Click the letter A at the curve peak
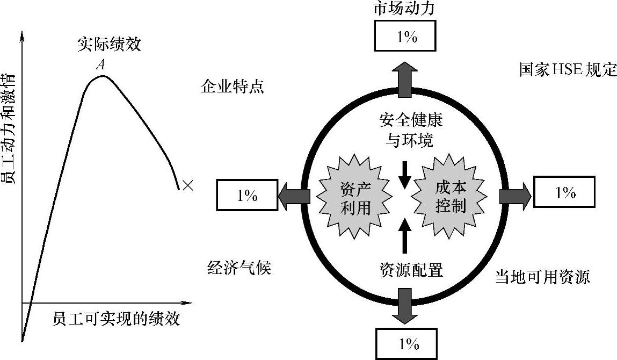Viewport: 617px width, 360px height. coord(100,66)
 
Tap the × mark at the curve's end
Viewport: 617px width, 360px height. coord(187,186)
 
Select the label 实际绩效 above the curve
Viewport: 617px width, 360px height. coord(109,45)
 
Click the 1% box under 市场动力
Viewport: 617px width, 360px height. coord(407,37)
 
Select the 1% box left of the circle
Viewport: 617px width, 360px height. coord(247,196)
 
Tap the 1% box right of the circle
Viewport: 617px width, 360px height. coord(565,192)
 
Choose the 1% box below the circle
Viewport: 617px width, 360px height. coord(407,343)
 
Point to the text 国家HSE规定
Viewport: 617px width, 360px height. coord(568,70)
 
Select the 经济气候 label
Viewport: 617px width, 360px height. coord(239,268)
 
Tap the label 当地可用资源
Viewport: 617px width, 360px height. coord(542,277)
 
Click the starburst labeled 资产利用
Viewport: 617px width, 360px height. coord(356,194)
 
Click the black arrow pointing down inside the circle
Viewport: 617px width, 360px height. coord(406,174)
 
